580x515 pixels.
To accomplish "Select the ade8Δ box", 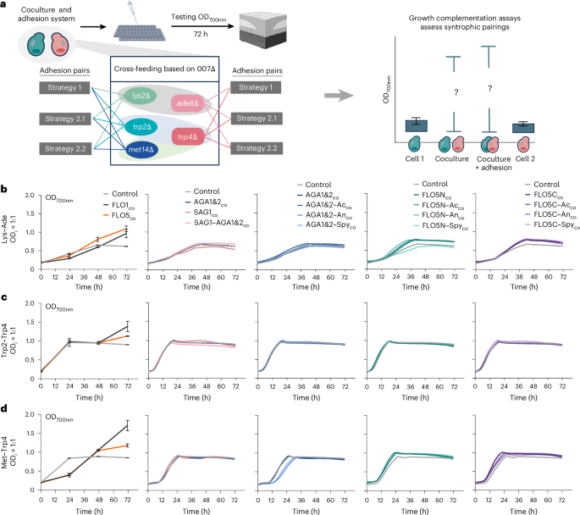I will [x=187, y=103].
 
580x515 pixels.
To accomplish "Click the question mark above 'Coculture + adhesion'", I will [x=489, y=88].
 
